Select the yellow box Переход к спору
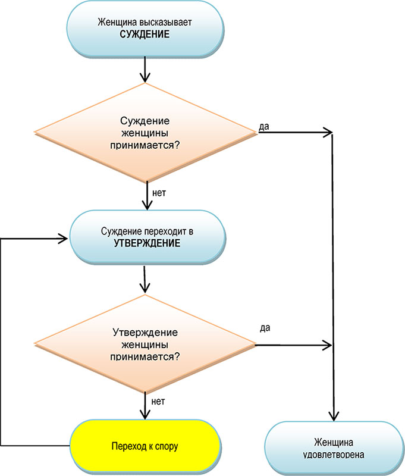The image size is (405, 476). pyautogui.click(x=146, y=445)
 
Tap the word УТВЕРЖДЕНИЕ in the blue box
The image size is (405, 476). pyautogui.click(x=146, y=243)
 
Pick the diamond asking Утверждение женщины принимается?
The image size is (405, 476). pyautogui.click(x=146, y=345)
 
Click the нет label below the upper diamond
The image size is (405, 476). pyautogui.click(x=158, y=193)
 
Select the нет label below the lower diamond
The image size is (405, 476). pyautogui.click(x=158, y=402)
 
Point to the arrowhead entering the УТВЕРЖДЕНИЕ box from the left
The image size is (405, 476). pyautogui.click(x=64, y=239)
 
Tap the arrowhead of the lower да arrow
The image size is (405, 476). pyautogui.click(x=327, y=345)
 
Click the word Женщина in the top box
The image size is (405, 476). pyautogui.click(x=118, y=23)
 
